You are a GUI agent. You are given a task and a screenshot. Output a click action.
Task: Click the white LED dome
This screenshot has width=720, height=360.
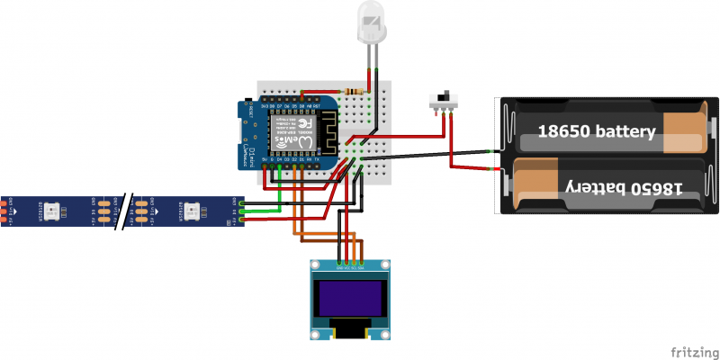pos(370,20)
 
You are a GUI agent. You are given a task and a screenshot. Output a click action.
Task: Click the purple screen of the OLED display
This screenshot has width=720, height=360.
pos(351,298)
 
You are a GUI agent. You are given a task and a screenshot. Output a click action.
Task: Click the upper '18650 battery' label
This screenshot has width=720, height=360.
pos(596,131)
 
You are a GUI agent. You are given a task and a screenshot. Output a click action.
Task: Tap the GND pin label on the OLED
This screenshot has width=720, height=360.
pos(338,267)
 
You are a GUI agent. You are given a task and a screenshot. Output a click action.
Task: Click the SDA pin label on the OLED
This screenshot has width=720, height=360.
pos(362,267)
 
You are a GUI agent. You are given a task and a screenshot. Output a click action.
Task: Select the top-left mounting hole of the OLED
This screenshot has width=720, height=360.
pos(315,265)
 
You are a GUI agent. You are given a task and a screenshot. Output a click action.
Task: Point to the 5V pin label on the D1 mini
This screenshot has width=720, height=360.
pos(264,159)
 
